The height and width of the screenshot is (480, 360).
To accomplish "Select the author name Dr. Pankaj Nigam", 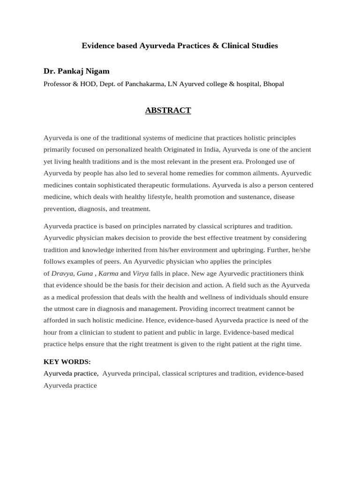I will [x=76, y=71].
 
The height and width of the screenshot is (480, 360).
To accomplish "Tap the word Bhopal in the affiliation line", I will [x=273, y=84].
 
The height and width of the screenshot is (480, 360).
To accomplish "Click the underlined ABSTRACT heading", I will [x=168, y=111].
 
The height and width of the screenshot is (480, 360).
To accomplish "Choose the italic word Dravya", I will [x=62, y=273].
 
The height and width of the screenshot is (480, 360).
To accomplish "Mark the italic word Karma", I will [x=108, y=273].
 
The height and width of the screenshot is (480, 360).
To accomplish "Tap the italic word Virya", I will [x=141, y=273].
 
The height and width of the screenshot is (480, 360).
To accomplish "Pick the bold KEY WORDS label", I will [x=67, y=361].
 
